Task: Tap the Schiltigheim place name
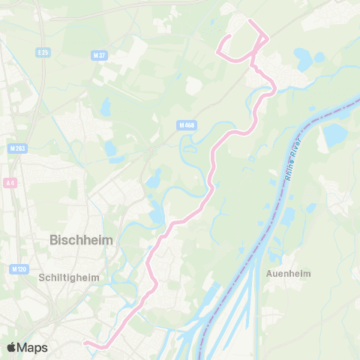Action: (68, 277)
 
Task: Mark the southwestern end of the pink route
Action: (85, 343)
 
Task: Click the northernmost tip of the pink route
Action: (249, 20)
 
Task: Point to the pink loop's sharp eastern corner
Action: (267, 39)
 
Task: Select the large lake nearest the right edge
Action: (334, 136)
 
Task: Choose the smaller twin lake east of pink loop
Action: (319, 56)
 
